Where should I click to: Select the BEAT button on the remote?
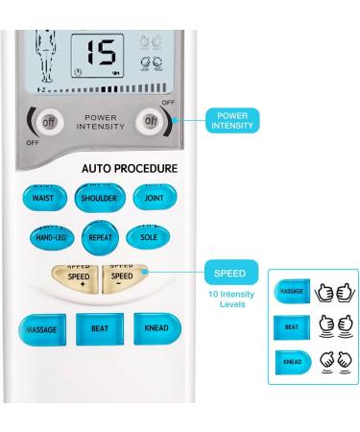pyautogui.click(x=99, y=328)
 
